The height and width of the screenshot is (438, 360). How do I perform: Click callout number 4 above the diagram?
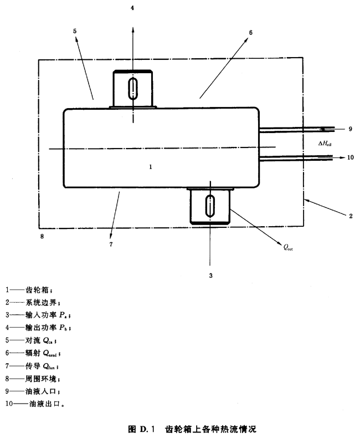(x=132, y=9)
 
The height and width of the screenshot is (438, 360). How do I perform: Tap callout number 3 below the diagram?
(x=210, y=274)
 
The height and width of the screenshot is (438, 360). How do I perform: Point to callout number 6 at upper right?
(x=250, y=33)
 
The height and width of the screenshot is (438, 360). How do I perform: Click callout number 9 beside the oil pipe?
(x=350, y=129)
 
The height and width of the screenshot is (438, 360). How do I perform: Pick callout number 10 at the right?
(x=350, y=157)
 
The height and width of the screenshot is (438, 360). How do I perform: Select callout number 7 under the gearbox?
(x=111, y=243)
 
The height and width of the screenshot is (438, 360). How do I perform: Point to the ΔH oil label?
(x=324, y=144)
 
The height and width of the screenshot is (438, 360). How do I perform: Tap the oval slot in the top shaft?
(x=132, y=89)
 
